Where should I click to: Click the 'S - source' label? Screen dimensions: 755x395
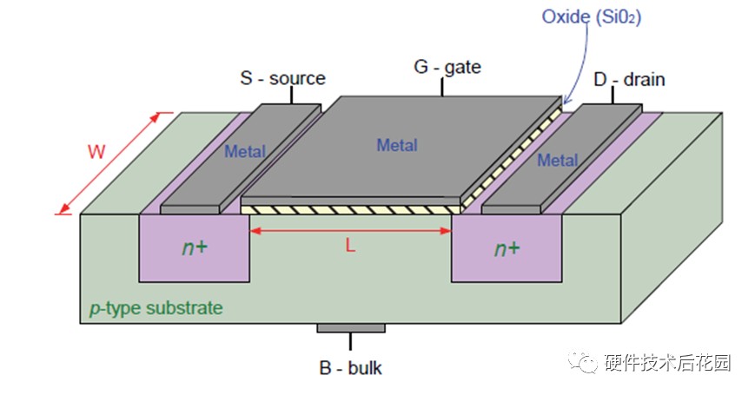click(x=282, y=78)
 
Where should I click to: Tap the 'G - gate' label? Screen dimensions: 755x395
click(x=447, y=67)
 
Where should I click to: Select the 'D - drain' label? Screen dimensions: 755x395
click(x=629, y=79)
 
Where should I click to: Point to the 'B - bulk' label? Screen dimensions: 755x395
click(x=350, y=368)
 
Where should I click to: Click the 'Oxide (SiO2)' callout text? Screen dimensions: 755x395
click(x=592, y=17)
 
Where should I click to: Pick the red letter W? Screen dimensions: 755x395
click(x=96, y=152)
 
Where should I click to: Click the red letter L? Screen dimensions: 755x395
click(x=350, y=247)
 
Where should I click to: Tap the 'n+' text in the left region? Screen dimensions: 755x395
click(x=195, y=247)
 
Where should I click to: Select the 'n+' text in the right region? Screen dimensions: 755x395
click(x=507, y=248)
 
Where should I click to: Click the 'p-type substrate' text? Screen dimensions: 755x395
click(x=156, y=308)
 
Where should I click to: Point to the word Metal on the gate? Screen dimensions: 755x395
click(x=397, y=145)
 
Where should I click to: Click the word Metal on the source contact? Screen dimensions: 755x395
click(x=245, y=152)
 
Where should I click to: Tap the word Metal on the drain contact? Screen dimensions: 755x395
click(x=558, y=160)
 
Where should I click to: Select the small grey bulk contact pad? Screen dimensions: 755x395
click(x=351, y=328)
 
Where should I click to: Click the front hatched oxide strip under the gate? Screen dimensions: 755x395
click(x=350, y=210)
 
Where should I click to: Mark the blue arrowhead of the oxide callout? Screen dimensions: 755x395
click(x=566, y=100)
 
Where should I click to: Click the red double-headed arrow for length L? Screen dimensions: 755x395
click(x=350, y=231)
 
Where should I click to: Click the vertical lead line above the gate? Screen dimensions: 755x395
click(x=442, y=87)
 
